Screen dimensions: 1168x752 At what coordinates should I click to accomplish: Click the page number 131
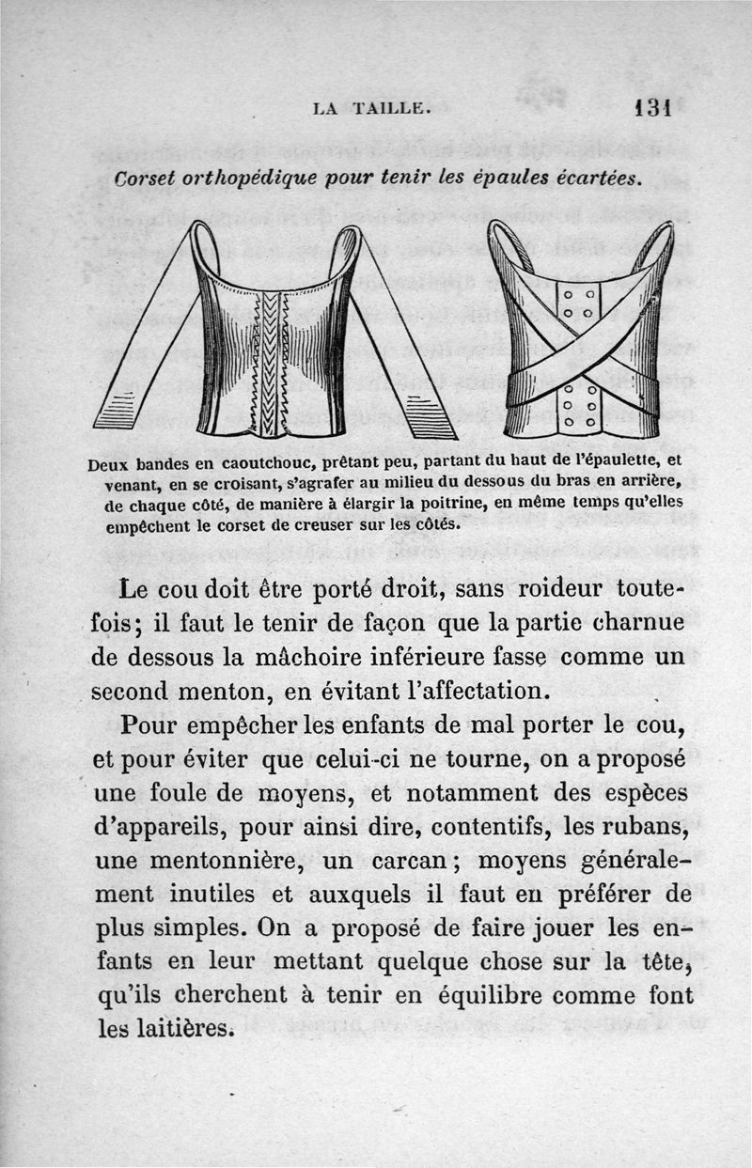click(650, 106)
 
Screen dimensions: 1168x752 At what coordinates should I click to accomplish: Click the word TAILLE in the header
click(392, 108)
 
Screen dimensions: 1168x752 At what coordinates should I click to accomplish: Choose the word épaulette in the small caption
click(621, 462)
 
